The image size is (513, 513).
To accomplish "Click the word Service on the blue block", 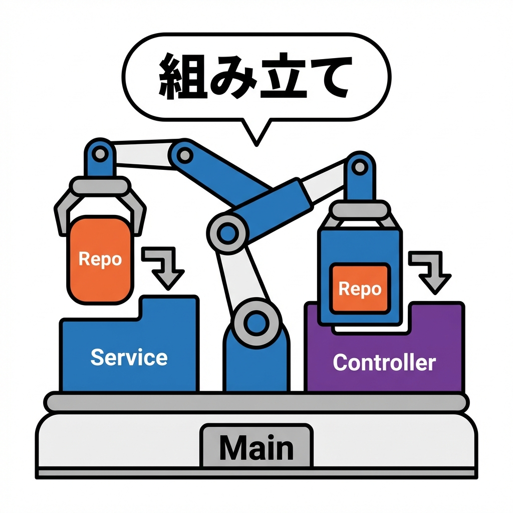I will point(129,357).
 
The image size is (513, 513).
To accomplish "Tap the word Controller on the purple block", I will point(384,362).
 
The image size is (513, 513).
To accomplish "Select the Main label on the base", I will point(256,447).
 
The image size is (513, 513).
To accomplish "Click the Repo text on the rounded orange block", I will point(100,260).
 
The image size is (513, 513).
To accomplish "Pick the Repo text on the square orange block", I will point(360,289).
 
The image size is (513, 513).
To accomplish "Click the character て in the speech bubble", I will point(325,76).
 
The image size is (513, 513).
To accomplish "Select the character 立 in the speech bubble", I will point(280,76).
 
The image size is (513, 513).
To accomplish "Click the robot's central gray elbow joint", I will point(228,231).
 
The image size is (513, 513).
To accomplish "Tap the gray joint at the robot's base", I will point(256,321).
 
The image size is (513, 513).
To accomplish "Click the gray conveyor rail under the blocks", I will point(256,402).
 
